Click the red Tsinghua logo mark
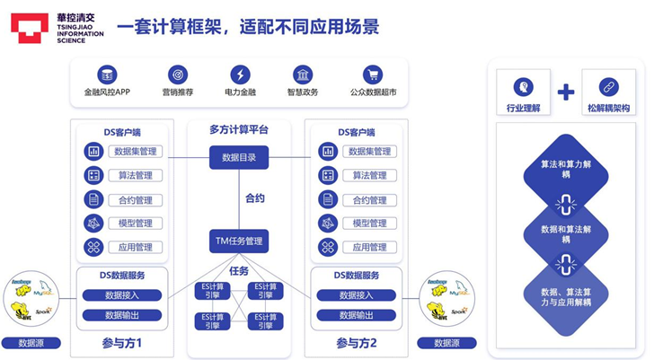(30, 27)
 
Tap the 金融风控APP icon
(107, 75)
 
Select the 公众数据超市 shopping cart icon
(372, 75)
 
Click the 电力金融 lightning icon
(240, 75)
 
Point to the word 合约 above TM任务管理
(255, 198)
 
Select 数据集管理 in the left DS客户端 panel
(137, 152)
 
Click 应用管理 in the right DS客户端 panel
(369, 247)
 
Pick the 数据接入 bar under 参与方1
(122, 295)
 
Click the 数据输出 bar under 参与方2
(357, 315)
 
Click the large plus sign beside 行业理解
(565, 92)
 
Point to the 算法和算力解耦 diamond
(566, 168)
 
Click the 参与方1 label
(121, 343)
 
